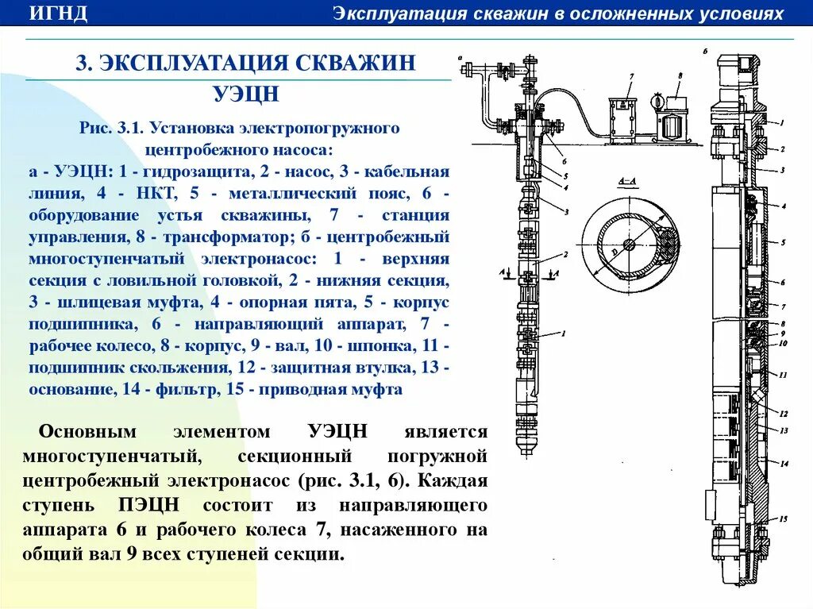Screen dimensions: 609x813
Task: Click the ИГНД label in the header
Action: point(59,13)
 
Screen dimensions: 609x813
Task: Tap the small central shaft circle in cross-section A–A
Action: point(629,244)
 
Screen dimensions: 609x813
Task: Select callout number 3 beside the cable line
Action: point(566,213)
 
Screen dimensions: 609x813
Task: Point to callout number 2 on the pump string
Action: point(564,255)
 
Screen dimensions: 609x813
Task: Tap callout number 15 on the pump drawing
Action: point(784,518)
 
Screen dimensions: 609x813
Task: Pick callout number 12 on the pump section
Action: point(784,414)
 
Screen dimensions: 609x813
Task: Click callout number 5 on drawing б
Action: point(783,242)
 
